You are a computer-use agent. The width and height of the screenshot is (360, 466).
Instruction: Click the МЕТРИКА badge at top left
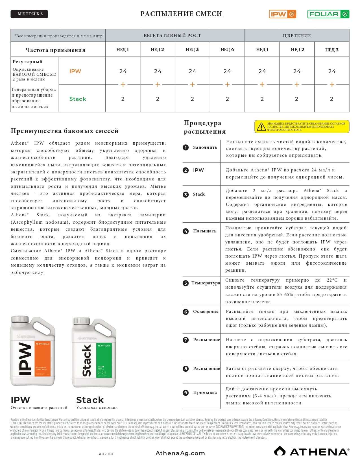pyautogui.click(x=29, y=14)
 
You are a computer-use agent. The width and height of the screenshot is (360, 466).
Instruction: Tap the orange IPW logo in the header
pyautogui.click(x=282, y=14)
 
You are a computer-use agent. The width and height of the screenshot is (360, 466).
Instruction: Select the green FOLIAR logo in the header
pyautogui.click(x=328, y=14)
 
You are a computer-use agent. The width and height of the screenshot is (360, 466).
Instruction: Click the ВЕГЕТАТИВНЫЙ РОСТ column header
pyautogui.click(x=172, y=36)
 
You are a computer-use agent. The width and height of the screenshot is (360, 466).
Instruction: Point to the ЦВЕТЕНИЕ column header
pyautogui.click(x=297, y=36)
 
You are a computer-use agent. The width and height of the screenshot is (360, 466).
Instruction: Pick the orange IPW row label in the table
pyautogui.click(x=75, y=71)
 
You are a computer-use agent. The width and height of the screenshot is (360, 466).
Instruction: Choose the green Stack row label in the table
pyautogui.click(x=78, y=99)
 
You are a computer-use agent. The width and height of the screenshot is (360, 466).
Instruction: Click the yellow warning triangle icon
pyautogui.click(x=261, y=127)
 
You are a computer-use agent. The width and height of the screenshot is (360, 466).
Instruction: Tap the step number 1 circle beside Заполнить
pyautogui.click(x=186, y=147)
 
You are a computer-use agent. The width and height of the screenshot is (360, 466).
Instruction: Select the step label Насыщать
pyautogui.click(x=204, y=231)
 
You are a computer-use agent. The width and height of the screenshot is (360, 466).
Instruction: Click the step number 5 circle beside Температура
pyautogui.click(x=186, y=283)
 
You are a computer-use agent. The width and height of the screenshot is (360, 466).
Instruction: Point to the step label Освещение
pyautogui.click(x=206, y=312)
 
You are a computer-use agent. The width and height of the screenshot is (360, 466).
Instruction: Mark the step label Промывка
pyautogui.click(x=205, y=393)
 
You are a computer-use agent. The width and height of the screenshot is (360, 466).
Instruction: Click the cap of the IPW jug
pyautogui.click(x=20, y=319)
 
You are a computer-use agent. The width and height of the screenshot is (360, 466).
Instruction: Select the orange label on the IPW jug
pyautogui.click(x=43, y=358)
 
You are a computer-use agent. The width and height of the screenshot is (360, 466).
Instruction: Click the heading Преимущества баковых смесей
pyautogui.click(x=65, y=131)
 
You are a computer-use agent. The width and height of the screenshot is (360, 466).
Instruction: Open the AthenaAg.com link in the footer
pyautogui.click(x=180, y=453)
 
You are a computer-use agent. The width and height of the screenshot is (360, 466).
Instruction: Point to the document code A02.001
pyautogui.click(x=107, y=454)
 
